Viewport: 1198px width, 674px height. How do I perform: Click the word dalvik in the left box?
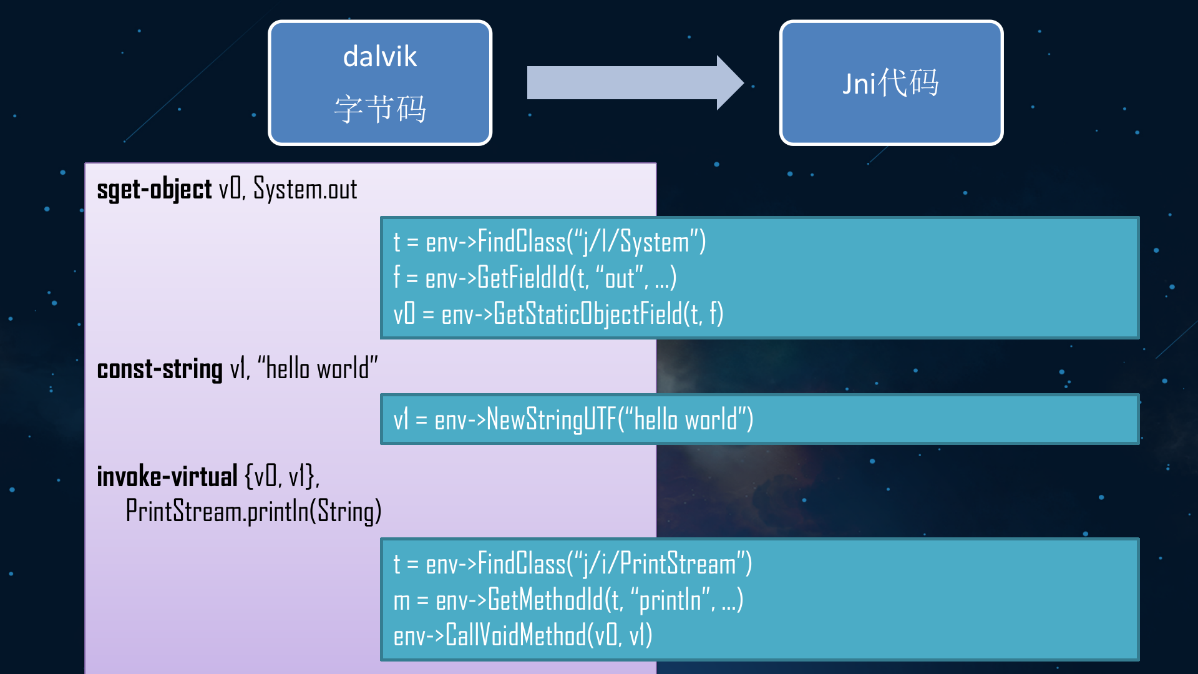(379, 57)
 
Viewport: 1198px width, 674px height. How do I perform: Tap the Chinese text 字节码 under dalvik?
(379, 109)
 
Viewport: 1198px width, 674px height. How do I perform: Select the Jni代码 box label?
(890, 83)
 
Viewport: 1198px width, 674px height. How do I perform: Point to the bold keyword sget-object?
(154, 190)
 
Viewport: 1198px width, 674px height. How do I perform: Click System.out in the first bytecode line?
(305, 190)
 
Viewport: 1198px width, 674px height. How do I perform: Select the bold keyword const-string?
(160, 369)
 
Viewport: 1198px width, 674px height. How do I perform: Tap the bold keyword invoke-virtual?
(167, 477)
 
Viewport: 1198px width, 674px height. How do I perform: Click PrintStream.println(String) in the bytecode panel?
(253, 512)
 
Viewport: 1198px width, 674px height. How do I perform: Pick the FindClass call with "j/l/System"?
(549, 243)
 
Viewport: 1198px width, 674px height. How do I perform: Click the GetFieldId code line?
(535, 278)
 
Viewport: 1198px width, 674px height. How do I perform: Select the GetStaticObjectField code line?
(558, 314)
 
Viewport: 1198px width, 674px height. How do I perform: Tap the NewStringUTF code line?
(573, 419)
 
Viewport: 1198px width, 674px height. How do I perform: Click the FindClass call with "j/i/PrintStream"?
(572, 564)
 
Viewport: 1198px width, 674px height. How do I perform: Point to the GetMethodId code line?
(568, 600)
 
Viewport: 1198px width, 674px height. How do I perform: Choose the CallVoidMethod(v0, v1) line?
(522, 636)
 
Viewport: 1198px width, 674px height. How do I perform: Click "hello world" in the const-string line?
(318, 369)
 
